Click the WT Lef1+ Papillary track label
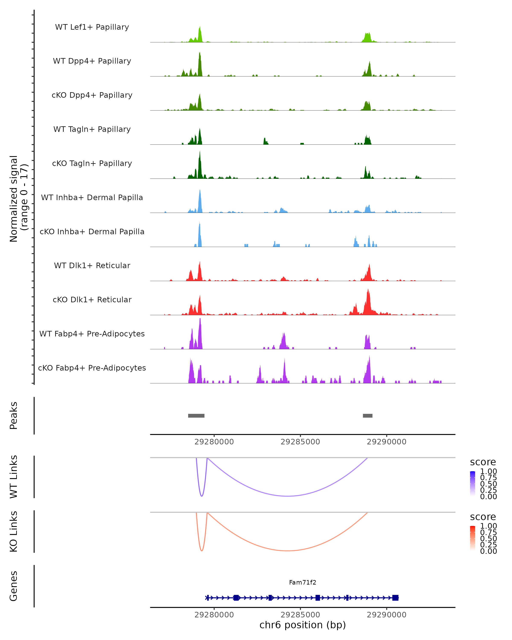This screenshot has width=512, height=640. pos(92,27)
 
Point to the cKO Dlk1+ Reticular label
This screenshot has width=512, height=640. pos(92,300)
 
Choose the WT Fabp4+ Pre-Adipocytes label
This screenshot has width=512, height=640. pos(92,334)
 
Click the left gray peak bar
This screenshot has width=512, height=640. pos(196,416)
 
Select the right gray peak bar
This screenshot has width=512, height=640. pos(367,416)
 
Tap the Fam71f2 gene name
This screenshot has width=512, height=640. pos(303,582)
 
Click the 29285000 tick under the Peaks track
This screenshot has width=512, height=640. pos(300,442)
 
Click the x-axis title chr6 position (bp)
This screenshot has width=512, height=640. pos(303,625)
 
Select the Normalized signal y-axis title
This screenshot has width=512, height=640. pos(18,199)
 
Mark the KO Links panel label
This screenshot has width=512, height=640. pos(14,531)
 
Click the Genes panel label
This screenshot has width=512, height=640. pos(14,586)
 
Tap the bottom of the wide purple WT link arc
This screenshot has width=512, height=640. pos(287,496)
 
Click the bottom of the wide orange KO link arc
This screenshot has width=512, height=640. pos(287,551)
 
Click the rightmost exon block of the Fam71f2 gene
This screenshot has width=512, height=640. pos(395,598)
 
